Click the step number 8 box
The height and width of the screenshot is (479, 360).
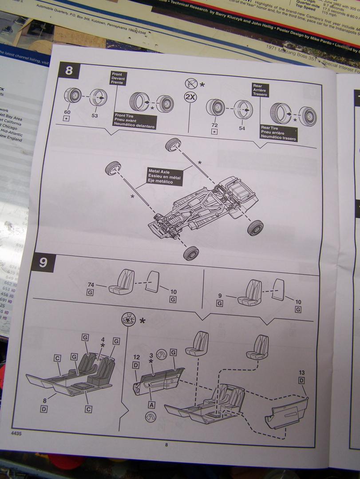click(x=69, y=71)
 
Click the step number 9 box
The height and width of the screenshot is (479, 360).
click(x=43, y=263)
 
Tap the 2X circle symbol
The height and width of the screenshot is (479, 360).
click(x=190, y=98)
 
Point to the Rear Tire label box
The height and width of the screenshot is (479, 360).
click(x=278, y=133)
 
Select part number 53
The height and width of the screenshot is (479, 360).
click(x=94, y=116)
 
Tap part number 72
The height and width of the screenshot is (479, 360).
click(x=214, y=126)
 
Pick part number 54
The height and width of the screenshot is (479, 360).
click(x=241, y=128)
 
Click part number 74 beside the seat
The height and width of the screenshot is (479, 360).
click(x=90, y=285)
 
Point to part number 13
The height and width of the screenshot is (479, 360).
click(x=301, y=373)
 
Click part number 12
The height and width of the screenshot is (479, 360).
click(x=136, y=357)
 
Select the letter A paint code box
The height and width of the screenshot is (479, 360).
click(x=151, y=404)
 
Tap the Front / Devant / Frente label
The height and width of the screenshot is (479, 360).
click(x=119, y=78)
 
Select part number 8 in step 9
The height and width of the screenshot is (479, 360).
click(x=44, y=400)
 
